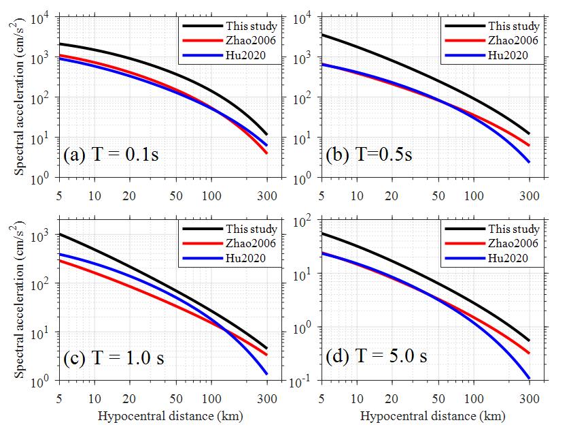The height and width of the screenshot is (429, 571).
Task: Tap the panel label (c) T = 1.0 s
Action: (124, 357)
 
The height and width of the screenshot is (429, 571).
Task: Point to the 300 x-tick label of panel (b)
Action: (530, 196)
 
